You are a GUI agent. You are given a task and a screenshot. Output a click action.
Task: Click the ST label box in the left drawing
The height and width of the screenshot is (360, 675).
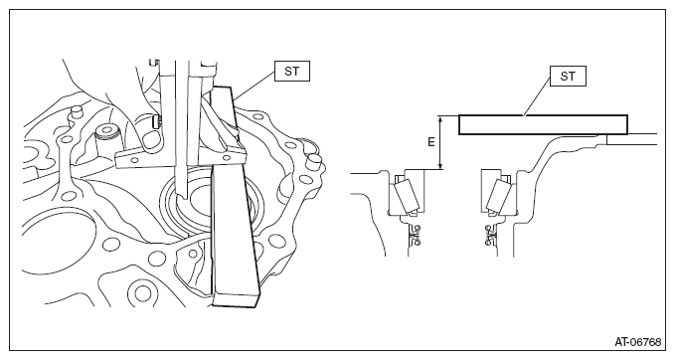[292, 71]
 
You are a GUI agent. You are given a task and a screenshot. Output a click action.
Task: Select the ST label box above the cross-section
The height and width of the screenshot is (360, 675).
[568, 77]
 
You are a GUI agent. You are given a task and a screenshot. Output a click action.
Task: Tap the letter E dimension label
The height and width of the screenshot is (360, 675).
[431, 141]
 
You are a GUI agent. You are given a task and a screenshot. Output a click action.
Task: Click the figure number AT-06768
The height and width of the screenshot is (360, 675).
[637, 342]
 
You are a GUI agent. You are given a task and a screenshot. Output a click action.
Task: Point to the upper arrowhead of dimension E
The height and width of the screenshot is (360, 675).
[440, 119]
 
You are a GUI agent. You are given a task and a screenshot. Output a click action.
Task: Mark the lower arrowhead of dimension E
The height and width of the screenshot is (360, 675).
[440, 165]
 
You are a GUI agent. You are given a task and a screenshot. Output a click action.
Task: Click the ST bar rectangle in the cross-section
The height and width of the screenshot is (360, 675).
[543, 125]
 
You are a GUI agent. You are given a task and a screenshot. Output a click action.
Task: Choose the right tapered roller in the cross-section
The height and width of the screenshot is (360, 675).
[499, 195]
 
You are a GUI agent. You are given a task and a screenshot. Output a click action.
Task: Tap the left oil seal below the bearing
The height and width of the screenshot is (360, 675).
[416, 235]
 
